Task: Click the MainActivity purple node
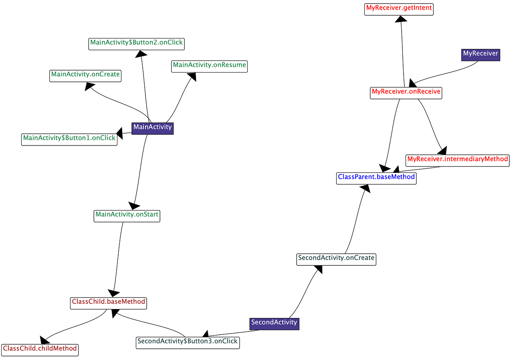[x=152, y=128]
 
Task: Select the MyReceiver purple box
[x=481, y=54]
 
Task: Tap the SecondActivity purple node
[x=274, y=323]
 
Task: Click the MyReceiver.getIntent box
[x=399, y=8]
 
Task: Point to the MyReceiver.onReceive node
[x=406, y=92]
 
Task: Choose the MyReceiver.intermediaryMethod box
[x=457, y=160]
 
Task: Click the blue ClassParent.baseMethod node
[x=376, y=177]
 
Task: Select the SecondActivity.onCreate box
[x=336, y=259]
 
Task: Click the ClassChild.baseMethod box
[x=108, y=302]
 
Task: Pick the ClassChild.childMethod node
[x=40, y=349]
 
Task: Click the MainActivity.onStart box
[x=127, y=215]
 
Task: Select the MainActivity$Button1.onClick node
[x=69, y=138]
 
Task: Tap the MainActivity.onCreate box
[x=85, y=75]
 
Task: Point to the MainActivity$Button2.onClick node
[x=136, y=43]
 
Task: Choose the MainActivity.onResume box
[x=209, y=65]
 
